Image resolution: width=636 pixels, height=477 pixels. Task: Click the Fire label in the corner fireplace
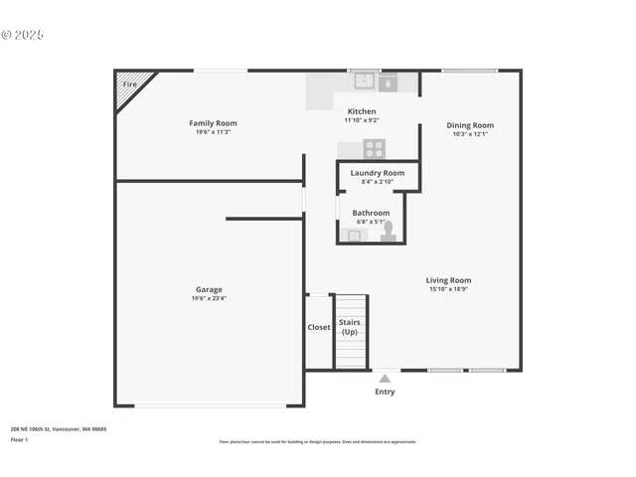(x=129, y=84)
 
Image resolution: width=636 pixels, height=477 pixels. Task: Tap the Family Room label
(x=213, y=123)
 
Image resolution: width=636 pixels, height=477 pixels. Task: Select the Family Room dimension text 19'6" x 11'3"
(x=213, y=132)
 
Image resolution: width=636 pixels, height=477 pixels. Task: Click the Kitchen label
(x=362, y=110)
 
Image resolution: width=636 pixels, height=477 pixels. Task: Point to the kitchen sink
(x=364, y=80)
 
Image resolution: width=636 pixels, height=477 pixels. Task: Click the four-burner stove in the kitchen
(x=374, y=149)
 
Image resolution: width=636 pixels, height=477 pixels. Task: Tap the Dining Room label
(x=470, y=125)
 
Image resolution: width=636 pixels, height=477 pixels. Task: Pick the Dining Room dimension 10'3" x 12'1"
(x=470, y=134)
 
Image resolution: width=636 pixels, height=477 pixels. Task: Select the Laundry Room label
(x=378, y=173)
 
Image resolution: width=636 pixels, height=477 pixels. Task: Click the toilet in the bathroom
(x=388, y=231)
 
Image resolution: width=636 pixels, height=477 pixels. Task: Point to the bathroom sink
(x=352, y=236)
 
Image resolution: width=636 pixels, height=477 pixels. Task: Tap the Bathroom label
(x=371, y=213)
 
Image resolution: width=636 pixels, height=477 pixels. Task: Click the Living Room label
(x=449, y=280)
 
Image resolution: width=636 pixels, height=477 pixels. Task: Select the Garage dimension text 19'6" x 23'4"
(x=209, y=298)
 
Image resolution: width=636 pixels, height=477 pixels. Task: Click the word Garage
(x=209, y=289)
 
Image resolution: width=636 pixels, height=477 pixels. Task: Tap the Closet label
(x=319, y=327)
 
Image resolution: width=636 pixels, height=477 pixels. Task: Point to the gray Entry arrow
(x=385, y=379)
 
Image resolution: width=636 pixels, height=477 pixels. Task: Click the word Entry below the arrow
(x=385, y=392)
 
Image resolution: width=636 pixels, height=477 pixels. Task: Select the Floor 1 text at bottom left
(x=20, y=438)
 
